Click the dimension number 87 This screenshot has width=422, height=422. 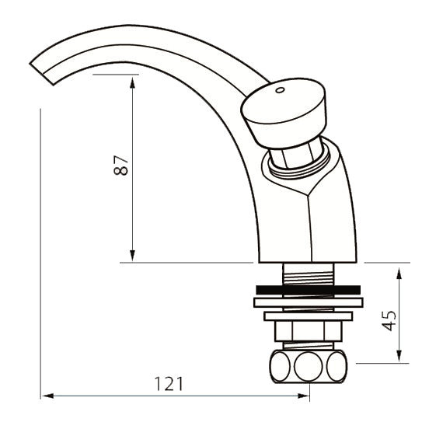coord(120,166)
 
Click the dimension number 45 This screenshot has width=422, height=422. coord(389,320)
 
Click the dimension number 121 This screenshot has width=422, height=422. coord(169,384)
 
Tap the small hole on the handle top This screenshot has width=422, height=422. coord(280,90)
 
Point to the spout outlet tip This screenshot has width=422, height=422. coord(42,74)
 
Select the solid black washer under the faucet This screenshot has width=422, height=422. coord(309,290)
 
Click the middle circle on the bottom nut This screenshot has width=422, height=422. coord(309,367)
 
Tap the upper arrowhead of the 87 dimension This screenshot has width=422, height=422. coord(132,82)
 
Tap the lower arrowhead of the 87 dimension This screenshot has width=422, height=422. coord(132,256)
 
